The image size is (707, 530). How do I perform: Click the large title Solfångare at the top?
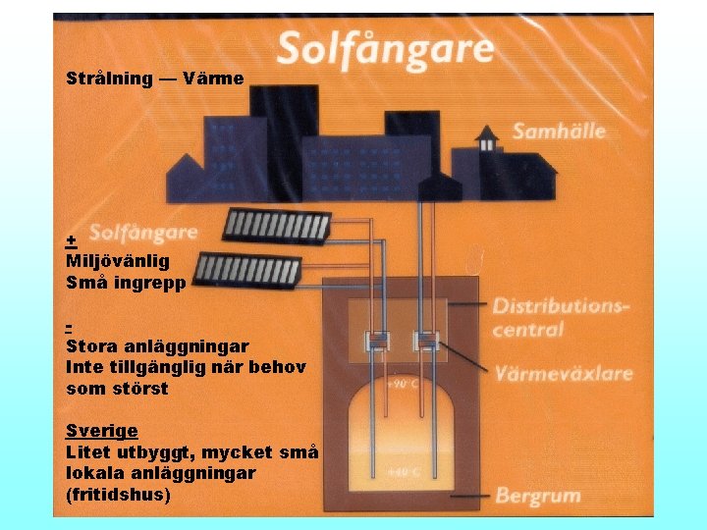click(385, 48)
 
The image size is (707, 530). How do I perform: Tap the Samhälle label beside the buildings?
click(558, 131)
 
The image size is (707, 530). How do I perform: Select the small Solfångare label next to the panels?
click(143, 233)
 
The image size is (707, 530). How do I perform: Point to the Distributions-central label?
click(561, 317)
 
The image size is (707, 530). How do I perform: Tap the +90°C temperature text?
click(403, 384)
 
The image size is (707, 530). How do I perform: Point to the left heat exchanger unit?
click(379, 341)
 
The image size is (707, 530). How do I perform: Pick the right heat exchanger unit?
click(427, 341)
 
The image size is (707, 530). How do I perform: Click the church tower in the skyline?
click(486, 140)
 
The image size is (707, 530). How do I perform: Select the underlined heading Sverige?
click(101, 430)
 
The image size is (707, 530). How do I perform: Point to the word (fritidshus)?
click(118, 495)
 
